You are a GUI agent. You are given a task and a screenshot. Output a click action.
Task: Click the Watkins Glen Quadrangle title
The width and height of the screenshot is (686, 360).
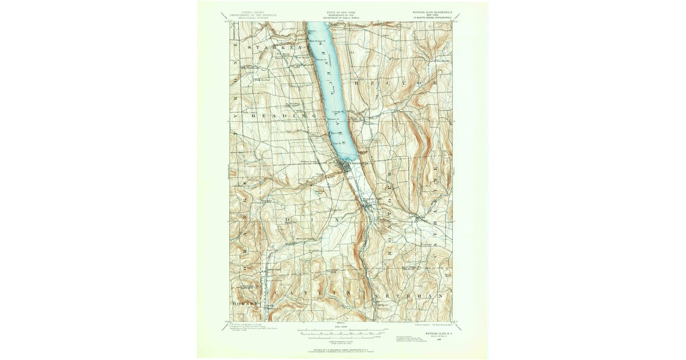tap(431, 11)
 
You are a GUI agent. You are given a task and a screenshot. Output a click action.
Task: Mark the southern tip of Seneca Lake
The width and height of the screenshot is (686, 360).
tap(350, 160)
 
